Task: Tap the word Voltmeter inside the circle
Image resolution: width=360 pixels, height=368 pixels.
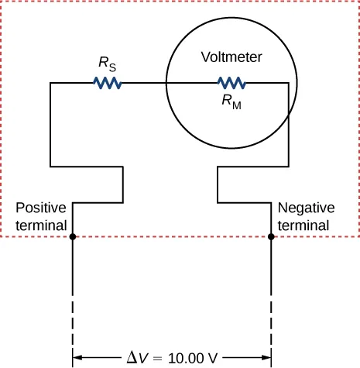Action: pyautogui.click(x=231, y=57)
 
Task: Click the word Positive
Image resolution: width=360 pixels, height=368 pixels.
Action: pyautogui.click(x=41, y=208)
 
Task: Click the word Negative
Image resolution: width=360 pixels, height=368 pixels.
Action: pyautogui.click(x=306, y=208)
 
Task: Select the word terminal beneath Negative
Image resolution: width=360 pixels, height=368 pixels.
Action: pyautogui.click(x=303, y=225)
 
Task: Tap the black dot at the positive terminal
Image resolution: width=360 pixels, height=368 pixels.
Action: pyautogui.click(x=72, y=237)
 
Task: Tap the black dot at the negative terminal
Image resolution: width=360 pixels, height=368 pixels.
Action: pyautogui.click(x=271, y=237)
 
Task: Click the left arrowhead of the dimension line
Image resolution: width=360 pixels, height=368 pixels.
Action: pyautogui.click(x=77, y=359)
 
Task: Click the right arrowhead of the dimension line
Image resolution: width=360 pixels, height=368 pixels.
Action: pyautogui.click(x=266, y=359)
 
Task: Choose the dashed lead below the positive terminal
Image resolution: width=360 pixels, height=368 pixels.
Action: pyautogui.click(x=72, y=318)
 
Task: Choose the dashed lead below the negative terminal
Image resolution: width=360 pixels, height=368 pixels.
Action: pyautogui.click(x=271, y=318)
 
